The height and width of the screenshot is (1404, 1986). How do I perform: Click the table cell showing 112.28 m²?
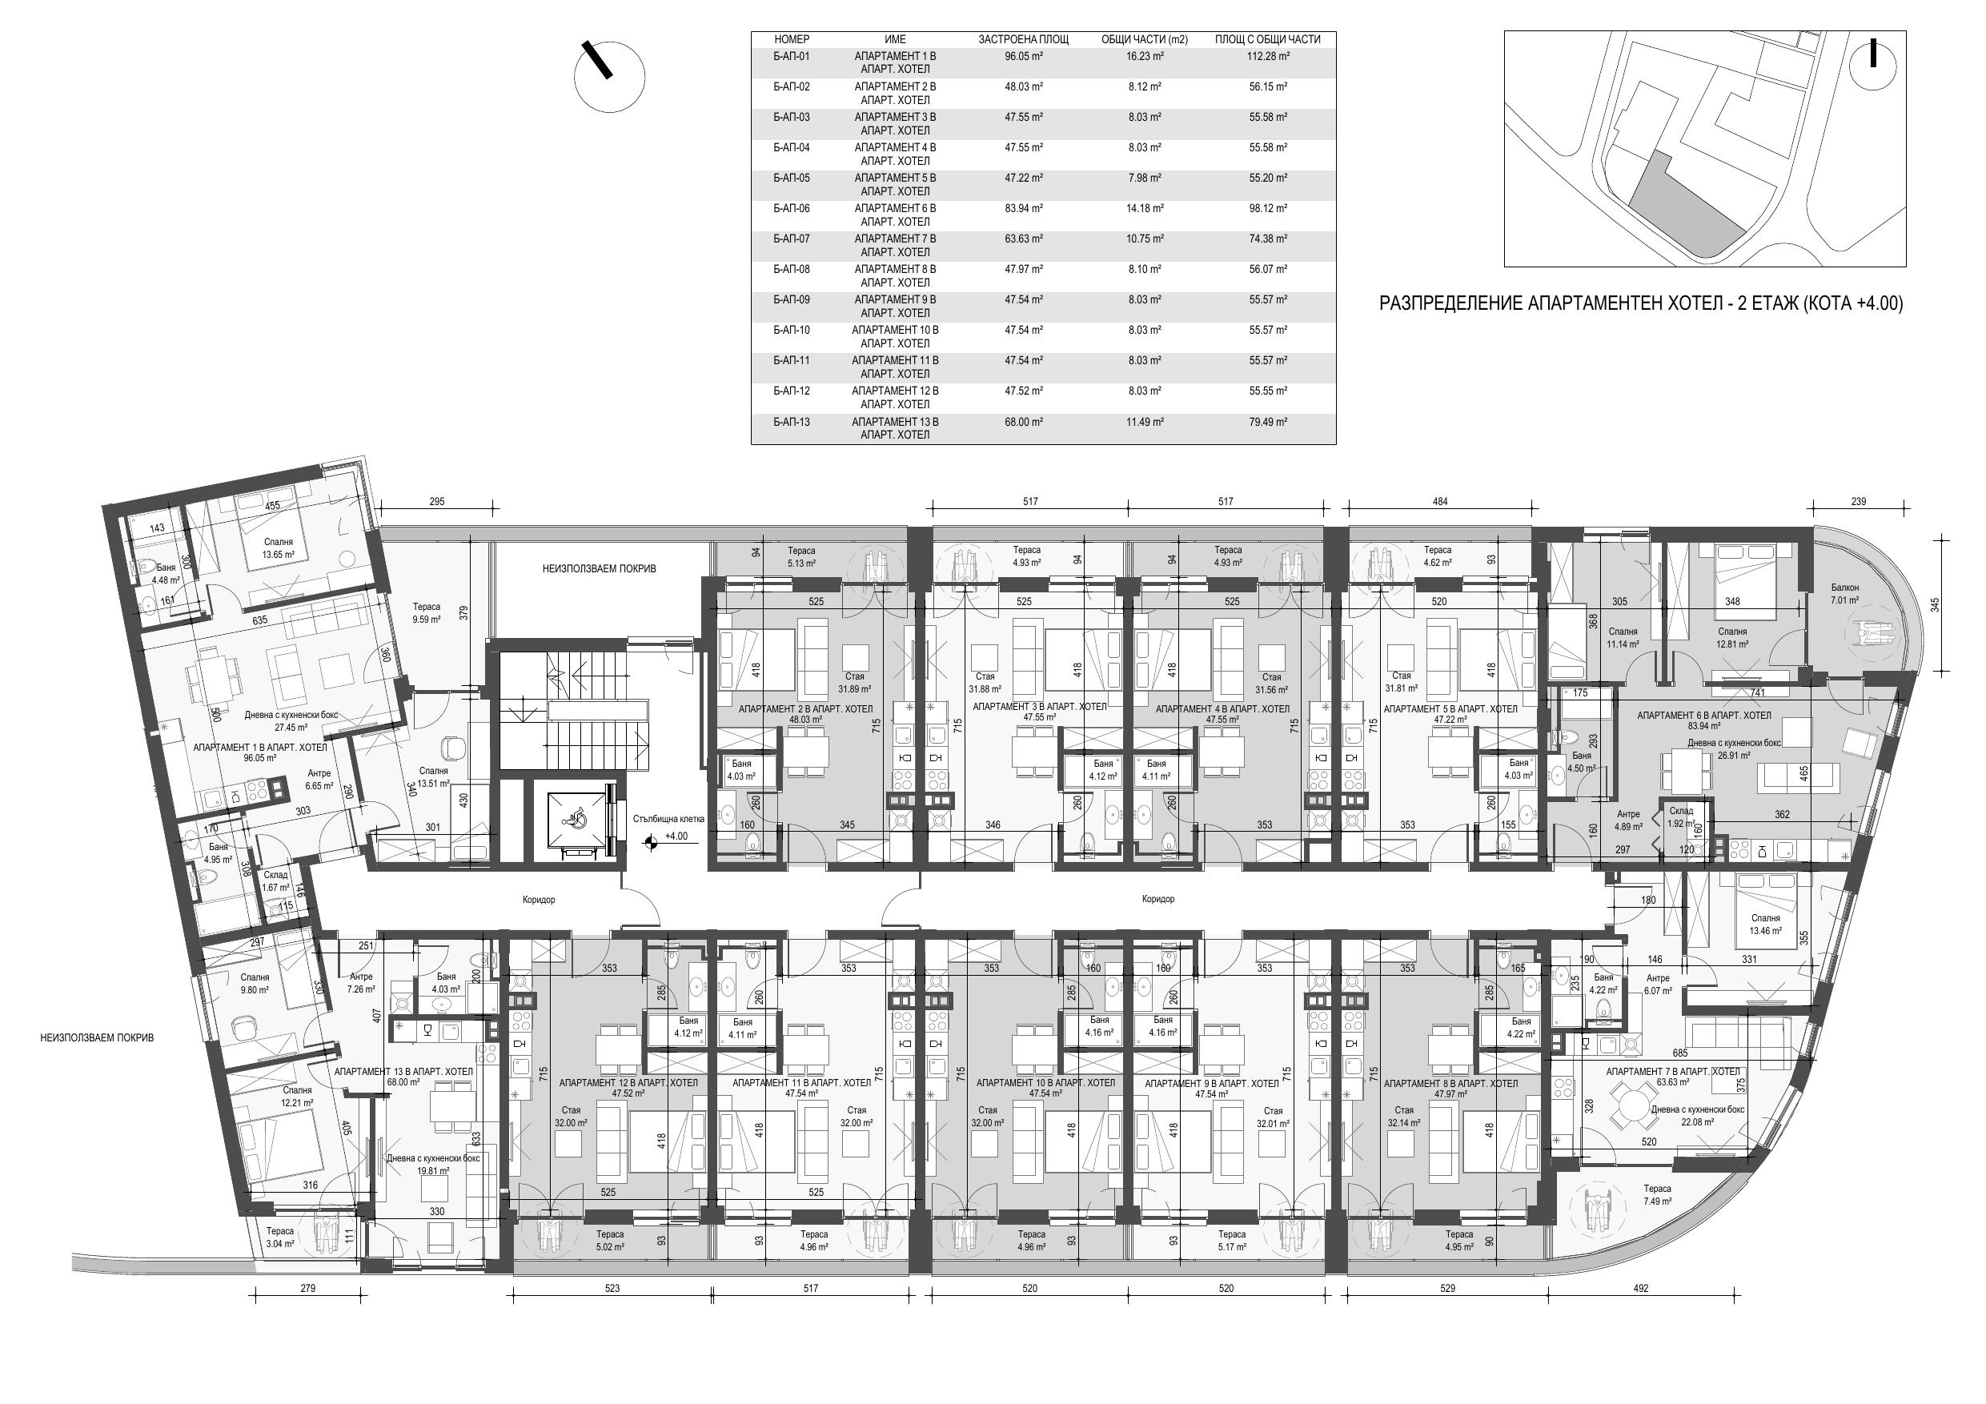pyautogui.click(x=1251, y=56)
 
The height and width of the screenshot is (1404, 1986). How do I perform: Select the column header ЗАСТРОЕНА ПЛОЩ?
pyautogui.click(x=1023, y=40)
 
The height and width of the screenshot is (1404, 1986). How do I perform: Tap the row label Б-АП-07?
pyautogui.click(x=792, y=239)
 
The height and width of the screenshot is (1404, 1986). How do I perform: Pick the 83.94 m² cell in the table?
pyautogui.click(x=1023, y=208)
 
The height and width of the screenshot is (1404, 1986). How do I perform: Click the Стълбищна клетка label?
pyautogui.click(x=668, y=818)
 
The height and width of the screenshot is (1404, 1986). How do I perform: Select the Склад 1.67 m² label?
pyautogui.click(x=276, y=881)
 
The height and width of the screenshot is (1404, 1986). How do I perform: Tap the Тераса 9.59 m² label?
pyautogui.click(x=427, y=613)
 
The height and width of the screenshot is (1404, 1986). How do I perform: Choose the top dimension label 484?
pyautogui.click(x=1439, y=502)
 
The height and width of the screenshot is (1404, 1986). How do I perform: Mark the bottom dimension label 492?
pyautogui.click(x=1640, y=1288)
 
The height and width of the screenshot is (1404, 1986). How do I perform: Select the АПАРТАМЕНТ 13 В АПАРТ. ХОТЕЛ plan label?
pyautogui.click(x=404, y=1072)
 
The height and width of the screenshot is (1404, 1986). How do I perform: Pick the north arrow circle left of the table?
pyautogui.click(x=609, y=76)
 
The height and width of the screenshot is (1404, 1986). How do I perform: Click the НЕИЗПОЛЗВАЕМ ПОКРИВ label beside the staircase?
pyautogui.click(x=600, y=568)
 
